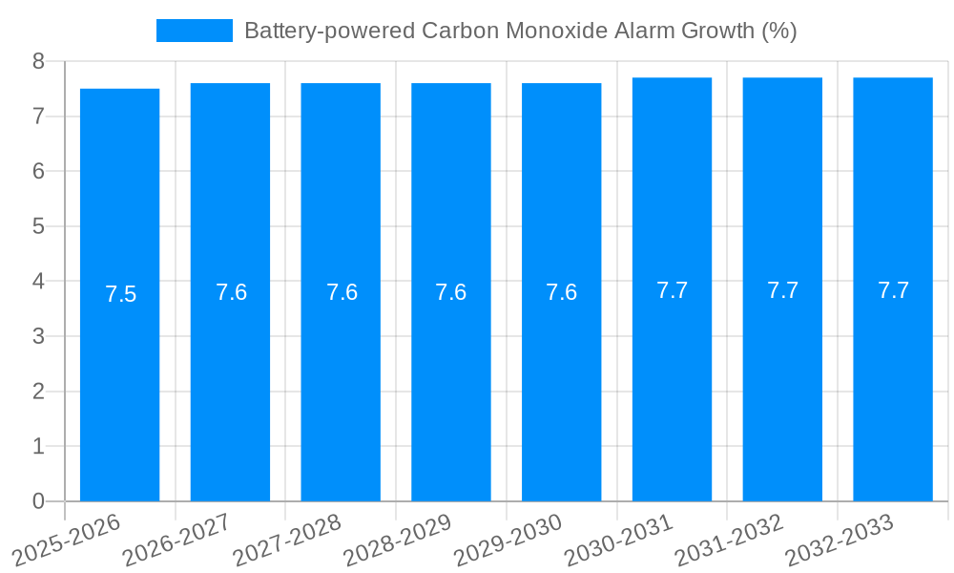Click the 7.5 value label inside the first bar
[121, 294]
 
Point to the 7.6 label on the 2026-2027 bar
[231, 292]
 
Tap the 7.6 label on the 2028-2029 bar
[450, 292]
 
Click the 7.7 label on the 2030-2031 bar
[672, 290]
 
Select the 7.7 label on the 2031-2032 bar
[782, 290]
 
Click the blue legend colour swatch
[195, 31]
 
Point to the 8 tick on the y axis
[38, 61]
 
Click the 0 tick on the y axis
[38, 501]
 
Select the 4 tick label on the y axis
[38, 282]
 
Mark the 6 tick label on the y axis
[38, 171]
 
